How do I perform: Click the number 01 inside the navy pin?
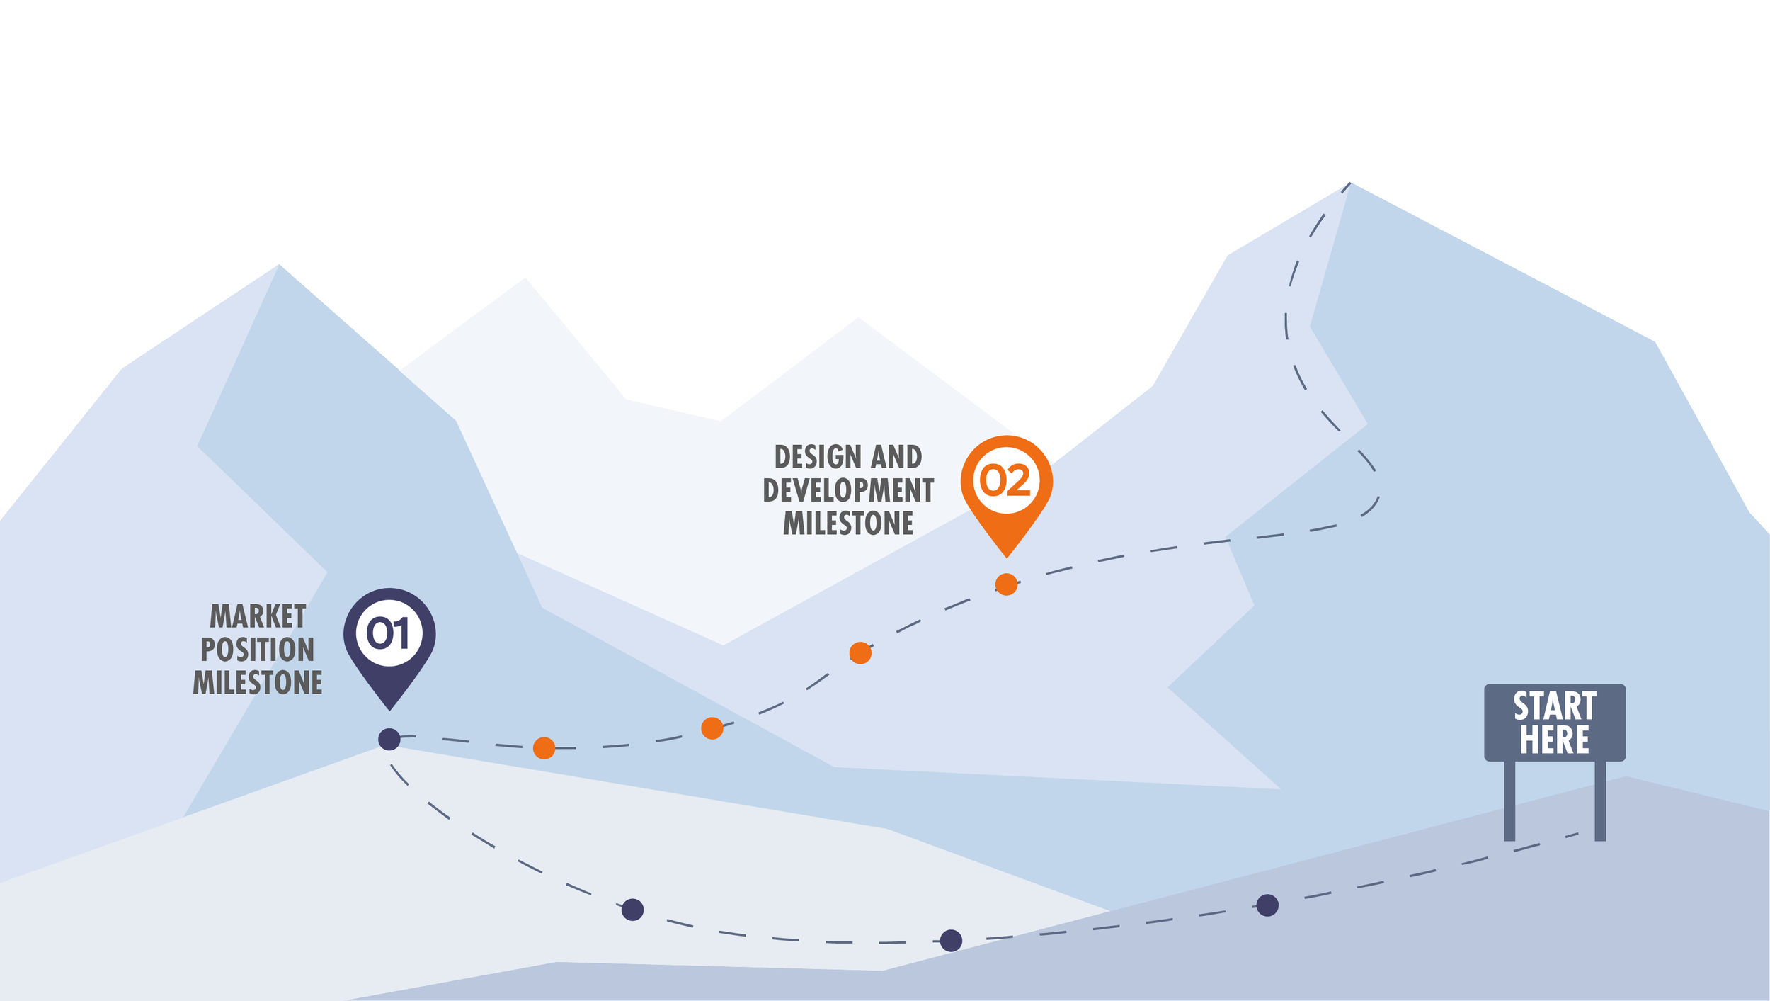389,633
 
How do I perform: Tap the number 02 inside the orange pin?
1005,480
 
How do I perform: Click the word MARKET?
258,616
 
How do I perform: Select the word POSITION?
258,650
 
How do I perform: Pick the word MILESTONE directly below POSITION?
258,683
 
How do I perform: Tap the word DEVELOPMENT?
848,490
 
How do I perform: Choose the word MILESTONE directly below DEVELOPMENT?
848,524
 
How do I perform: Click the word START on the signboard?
1555,706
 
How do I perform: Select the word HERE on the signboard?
1555,740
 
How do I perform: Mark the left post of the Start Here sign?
1509,801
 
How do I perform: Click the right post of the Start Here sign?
1600,801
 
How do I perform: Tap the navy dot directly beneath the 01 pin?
389,740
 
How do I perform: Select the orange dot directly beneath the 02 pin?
1006,584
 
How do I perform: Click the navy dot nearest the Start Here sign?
1267,905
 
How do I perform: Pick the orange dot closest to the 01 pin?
544,748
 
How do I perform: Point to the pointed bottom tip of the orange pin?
1006,556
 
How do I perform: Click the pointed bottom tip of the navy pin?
389,709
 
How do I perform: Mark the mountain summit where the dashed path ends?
1350,183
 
